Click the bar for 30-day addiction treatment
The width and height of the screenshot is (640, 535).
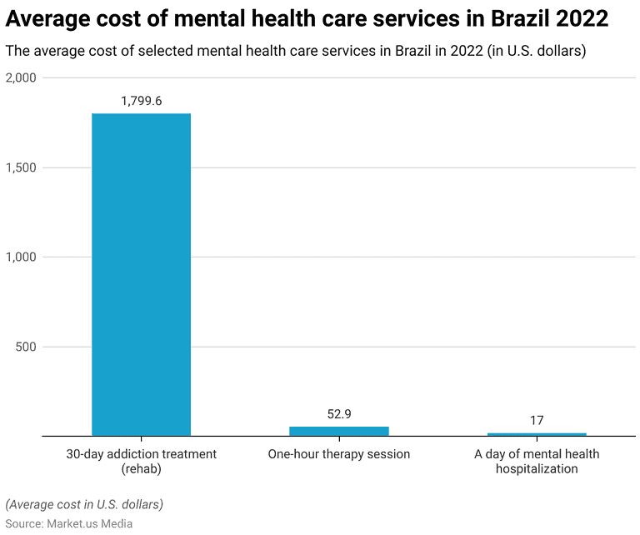click(141, 274)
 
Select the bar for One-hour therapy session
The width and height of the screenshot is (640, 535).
click(338, 431)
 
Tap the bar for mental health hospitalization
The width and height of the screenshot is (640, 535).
click(537, 434)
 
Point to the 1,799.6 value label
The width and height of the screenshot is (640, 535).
click(141, 101)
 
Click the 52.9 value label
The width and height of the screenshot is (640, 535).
click(338, 413)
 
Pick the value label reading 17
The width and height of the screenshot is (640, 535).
click(537, 420)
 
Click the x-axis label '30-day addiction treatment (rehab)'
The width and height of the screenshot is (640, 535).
click(141, 461)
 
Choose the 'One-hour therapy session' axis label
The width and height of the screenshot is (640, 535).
click(338, 454)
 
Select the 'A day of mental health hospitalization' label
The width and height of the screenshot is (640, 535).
click(537, 461)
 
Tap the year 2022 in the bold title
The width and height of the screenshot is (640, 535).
click(581, 18)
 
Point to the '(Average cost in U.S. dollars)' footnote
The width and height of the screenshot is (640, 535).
click(84, 504)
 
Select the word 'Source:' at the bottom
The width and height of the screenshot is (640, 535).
click(26, 523)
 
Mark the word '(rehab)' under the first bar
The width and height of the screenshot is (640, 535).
click(141, 468)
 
